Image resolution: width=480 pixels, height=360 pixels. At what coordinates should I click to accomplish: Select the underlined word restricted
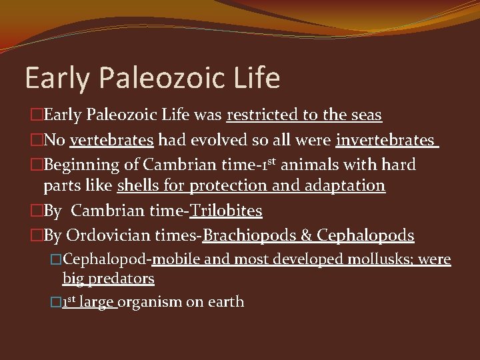(x=262, y=115)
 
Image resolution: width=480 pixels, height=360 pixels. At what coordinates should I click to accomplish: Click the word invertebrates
(x=385, y=140)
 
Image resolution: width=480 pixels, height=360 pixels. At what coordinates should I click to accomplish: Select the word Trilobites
(x=226, y=211)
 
